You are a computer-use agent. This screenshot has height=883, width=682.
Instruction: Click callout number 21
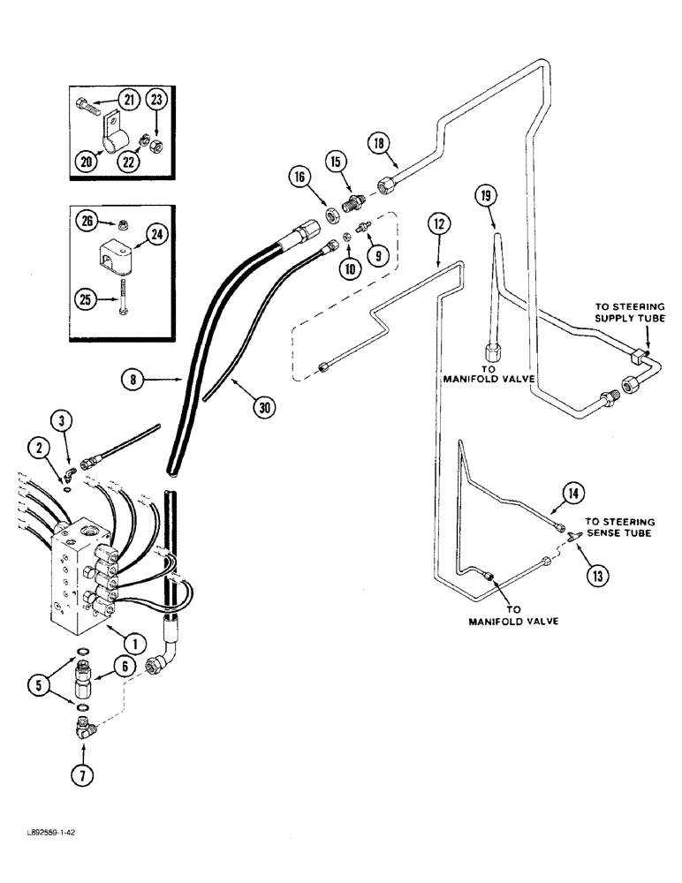pyautogui.click(x=130, y=101)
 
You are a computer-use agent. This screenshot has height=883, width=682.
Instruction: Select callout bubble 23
pyautogui.click(x=156, y=101)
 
